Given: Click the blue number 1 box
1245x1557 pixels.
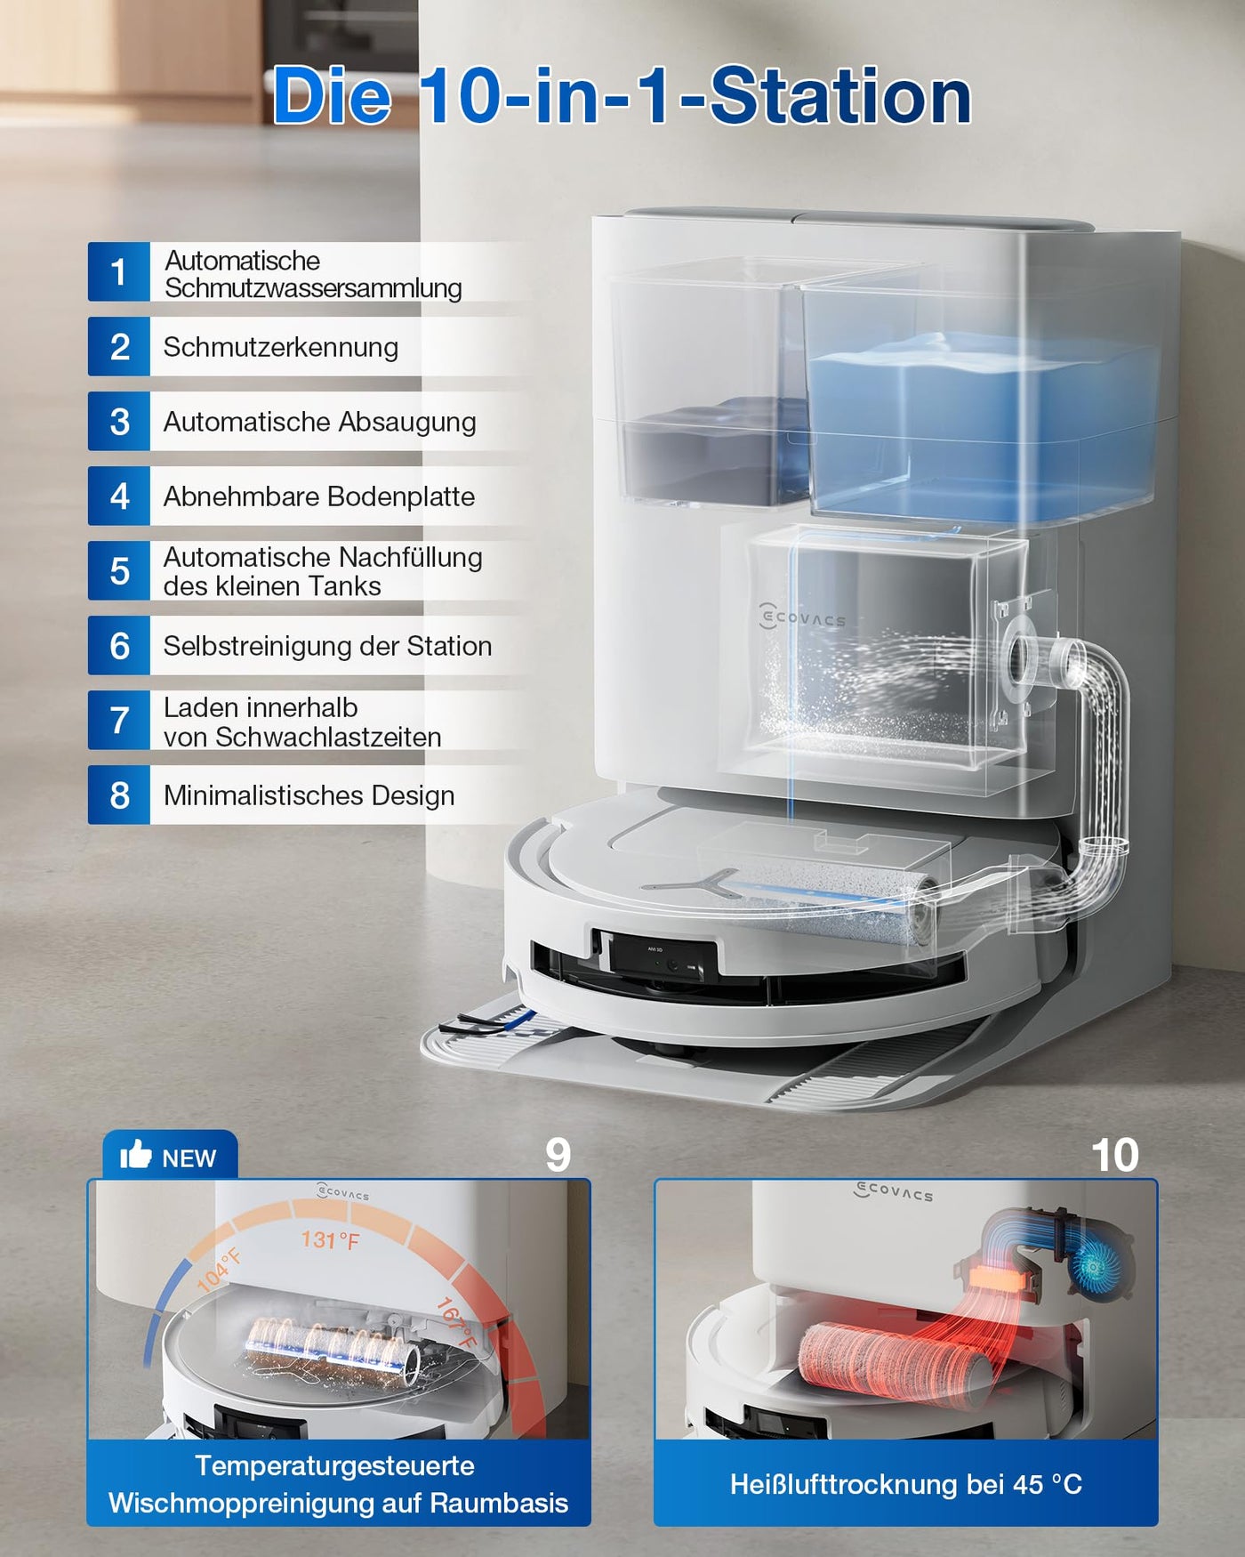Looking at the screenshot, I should click(118, 272).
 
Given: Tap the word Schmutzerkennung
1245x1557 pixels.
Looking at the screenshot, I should click(280, 347).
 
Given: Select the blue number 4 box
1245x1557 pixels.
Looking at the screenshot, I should click(118, 496).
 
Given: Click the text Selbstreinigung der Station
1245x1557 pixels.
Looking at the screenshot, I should click(327, 646).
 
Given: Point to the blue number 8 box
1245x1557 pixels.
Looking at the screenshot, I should click(118, 795).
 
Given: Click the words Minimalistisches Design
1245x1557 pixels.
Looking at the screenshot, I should click(309, 795).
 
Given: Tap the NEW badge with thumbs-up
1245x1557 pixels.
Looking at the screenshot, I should click(170, 1157).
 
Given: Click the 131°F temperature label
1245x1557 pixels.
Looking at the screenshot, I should click(330, 1239).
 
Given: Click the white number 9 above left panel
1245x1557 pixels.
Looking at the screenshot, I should click(558, 1155).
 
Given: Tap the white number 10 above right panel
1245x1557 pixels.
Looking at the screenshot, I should click(1114, 1155).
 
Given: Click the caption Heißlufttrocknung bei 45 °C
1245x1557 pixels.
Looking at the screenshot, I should click(905, 1484).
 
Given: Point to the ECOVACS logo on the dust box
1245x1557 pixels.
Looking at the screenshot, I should click(803, 617).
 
